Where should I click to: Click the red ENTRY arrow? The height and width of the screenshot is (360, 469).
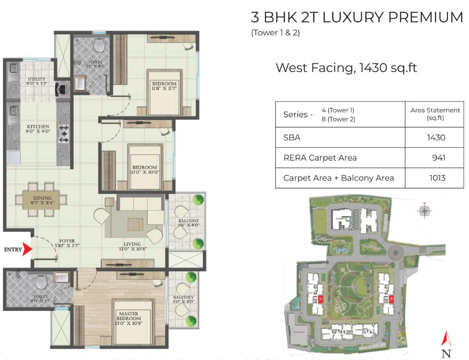pyautogui.click(x=28, y=250)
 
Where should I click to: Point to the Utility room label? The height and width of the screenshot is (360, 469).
pyautogui.click(x=37, y=82)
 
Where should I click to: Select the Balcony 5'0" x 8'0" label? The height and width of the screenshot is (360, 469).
pyautogui.click(x=189, y=224)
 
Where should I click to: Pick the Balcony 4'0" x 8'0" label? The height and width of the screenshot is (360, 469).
pyautogui.click(x=183, y=300)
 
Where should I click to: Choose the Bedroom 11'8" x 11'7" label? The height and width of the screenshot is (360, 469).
pyautogui.click(x=164, y=86)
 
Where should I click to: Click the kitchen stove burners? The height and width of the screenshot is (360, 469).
pyautogui.click(x=64, y=134)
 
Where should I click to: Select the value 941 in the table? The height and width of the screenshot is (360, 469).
pyautogui.click(x=439, y=158)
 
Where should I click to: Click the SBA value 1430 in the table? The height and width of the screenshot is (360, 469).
pyautogui.click(x=436, y=138)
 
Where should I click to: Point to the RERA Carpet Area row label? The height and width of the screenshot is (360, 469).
pyautogui.click(x=320, y=158)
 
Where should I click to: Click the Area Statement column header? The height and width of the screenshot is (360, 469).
pyautogui.click(x=435, y=114)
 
